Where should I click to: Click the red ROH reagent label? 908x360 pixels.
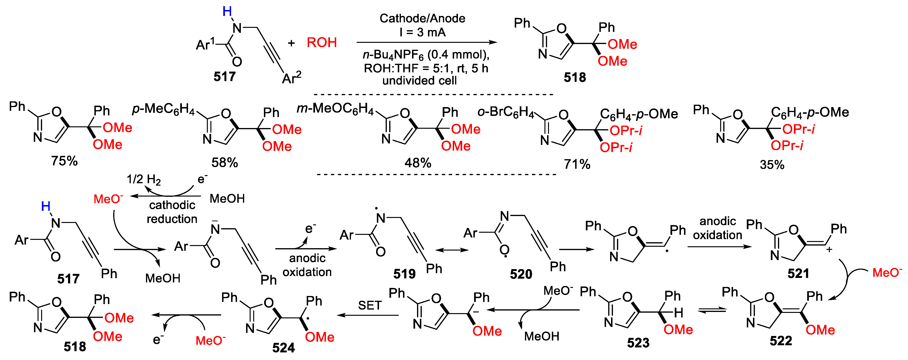(x=321, y=43)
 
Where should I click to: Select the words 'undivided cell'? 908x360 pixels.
(x=419, y=81)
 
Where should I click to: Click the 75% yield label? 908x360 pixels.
(x=64, y=161)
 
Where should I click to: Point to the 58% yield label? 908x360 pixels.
(x=224, y=163)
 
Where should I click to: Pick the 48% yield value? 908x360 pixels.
(x=418, y=163)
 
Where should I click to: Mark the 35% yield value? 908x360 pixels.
(x=772, y=165)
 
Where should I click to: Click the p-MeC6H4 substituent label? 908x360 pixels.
(x=163, y=109)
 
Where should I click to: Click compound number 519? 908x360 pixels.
(x=404, y=274)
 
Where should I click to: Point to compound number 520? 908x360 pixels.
(x=521, y=274)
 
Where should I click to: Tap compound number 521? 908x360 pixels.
(x=798, y=273)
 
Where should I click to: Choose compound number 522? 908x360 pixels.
(x=781, y=340)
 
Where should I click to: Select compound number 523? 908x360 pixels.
(x=638, y=343)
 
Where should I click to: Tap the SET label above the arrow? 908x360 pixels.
(x=370, y=305)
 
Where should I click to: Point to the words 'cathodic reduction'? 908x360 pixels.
(x=172, y=212)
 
